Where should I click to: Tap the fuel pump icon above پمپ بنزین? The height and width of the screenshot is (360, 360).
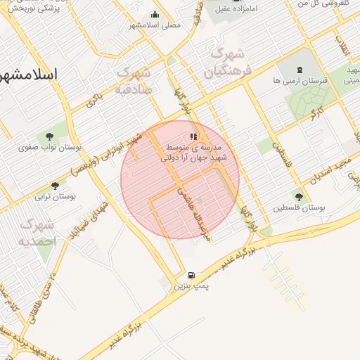point(191,275)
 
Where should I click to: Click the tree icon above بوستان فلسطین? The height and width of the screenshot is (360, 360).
point(299,198)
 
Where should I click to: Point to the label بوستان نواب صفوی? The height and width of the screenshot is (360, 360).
point(51,148)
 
